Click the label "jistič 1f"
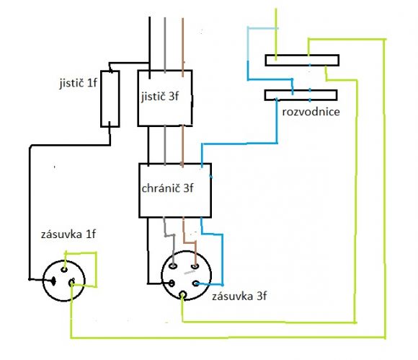(78, 83)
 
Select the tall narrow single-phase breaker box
(110, 99)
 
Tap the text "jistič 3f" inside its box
(160, 97)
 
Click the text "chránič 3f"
(167, 188)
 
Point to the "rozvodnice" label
(311, 112)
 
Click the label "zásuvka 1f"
(68, 234)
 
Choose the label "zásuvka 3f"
(239, 297)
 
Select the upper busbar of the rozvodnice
(302, 60)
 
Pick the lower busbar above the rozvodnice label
(301, 95)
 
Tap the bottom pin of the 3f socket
(182, 295)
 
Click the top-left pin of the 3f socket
(174, 265)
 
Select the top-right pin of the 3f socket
(195, 265)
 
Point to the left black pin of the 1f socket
(53, 281)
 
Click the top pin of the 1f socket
(64, 269)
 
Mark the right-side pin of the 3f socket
(196, 284)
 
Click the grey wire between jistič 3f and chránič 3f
(165, 145)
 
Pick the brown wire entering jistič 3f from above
(182, 47)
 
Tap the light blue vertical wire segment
(248, 44)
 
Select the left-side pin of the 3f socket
(172, 283)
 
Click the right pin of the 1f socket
(72, 282)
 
